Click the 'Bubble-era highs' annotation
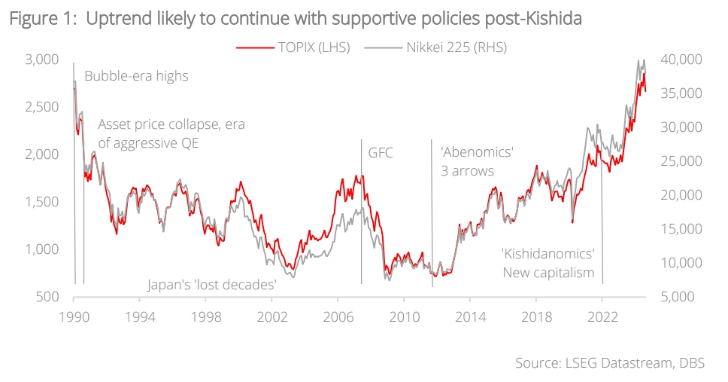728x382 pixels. [136, 76]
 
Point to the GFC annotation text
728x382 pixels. [381, 153]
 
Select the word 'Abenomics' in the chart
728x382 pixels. [477, 153]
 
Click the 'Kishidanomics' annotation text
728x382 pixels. [548, 254]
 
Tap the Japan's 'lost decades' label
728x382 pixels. [212, 285]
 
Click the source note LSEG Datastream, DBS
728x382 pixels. [609, 363]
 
